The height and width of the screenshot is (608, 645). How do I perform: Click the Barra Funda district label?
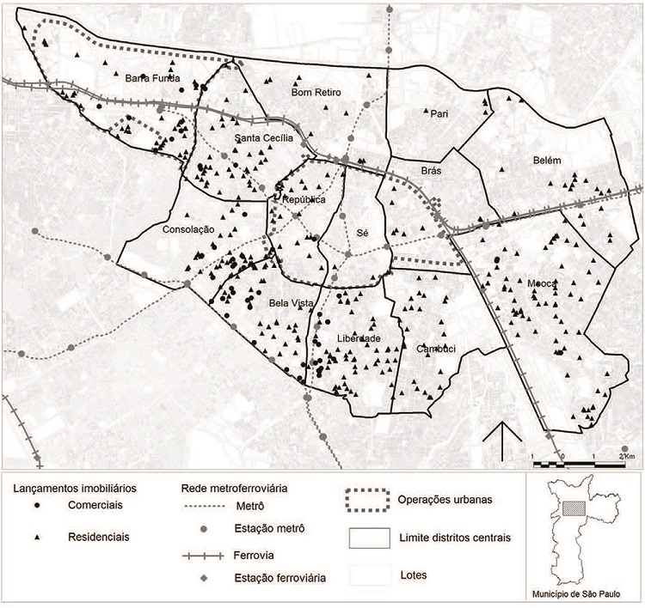[152, 77]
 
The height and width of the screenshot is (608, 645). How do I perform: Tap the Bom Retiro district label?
[316, 92]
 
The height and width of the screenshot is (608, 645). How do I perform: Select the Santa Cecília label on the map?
[264, 137]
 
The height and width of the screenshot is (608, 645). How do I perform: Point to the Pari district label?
[439, 112]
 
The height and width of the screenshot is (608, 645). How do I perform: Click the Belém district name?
[546, 161]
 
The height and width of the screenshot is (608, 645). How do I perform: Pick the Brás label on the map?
[430, 171]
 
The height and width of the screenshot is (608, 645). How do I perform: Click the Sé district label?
[362, 233]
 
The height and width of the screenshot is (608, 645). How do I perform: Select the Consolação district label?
[187, 229]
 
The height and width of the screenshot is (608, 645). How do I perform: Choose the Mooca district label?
[543, 283]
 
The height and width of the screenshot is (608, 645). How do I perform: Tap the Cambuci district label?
[435, 349]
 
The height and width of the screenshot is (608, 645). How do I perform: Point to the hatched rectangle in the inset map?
[572, 508]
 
